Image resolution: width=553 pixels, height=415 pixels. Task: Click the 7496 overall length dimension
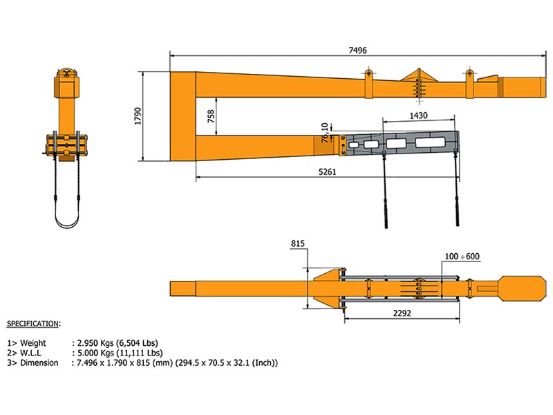[x=358, y=50]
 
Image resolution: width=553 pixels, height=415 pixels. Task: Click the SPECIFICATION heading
[x=33, y=323]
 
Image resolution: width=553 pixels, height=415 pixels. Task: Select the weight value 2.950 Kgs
[x=99, y=342]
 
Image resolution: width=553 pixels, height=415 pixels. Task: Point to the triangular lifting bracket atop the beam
[x=418, y=75]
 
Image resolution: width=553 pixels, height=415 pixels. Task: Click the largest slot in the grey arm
[x=431, y=143]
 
